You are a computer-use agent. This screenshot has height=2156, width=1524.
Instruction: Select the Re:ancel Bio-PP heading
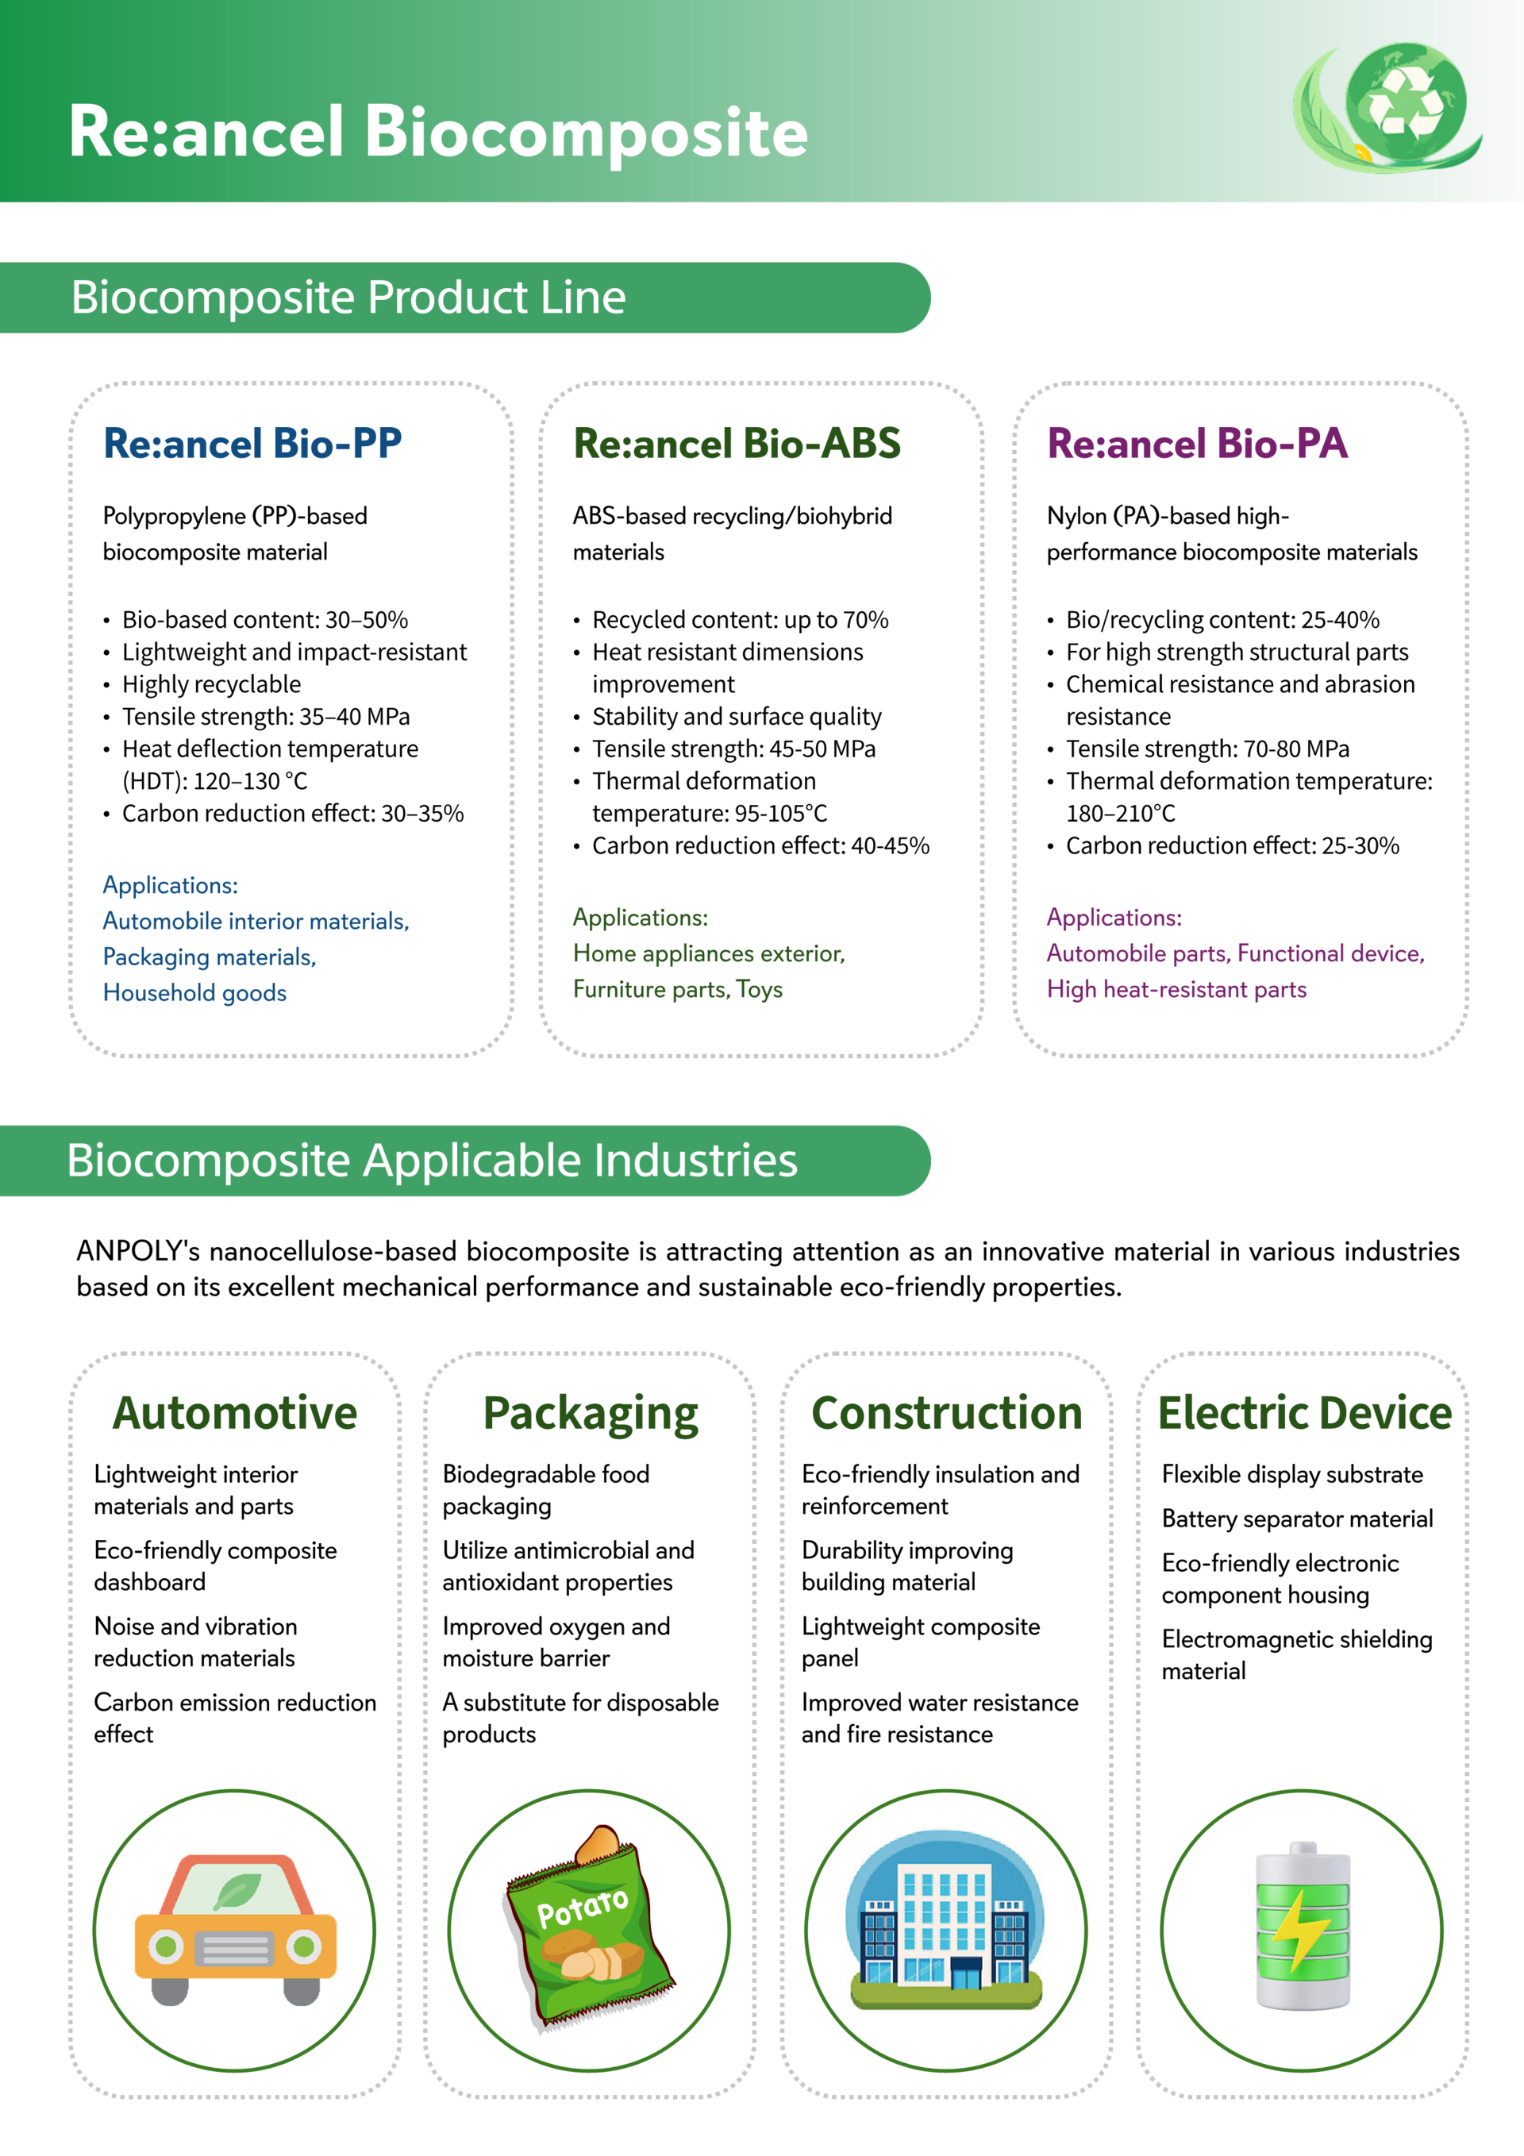coord(252,443)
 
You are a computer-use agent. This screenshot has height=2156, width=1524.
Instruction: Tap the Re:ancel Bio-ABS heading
coord(736,443)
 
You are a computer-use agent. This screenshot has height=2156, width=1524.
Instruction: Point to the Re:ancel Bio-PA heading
coord(1196,443)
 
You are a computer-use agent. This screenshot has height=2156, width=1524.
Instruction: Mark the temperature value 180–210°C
coord(1120,813)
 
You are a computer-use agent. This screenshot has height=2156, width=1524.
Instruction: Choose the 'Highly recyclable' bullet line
coord(211,684)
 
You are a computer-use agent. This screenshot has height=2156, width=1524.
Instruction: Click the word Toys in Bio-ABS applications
coord(759,990)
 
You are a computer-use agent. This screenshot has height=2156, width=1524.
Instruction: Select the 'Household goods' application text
coord(194,992)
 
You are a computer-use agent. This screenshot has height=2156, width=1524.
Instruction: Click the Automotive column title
coord(235,1413)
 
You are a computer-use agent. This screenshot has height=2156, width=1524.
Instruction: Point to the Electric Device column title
coord(1303,1413)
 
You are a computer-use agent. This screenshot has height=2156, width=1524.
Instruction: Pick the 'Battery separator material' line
coord(1297,1519)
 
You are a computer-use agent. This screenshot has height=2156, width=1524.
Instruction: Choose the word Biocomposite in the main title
coord(585,133)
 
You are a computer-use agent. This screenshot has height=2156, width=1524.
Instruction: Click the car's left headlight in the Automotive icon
coord(166,1946)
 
